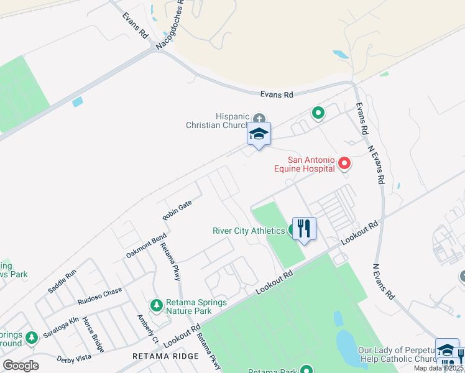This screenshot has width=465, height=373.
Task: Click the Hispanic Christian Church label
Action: point(218,121)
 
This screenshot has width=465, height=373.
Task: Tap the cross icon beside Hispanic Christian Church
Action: point(259,118)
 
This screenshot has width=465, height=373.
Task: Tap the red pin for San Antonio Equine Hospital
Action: point(344,163)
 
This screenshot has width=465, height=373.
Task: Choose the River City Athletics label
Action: point(249,231)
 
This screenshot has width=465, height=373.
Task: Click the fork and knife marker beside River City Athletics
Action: point(303,228)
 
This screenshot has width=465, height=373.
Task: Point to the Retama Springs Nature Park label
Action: point(196,307)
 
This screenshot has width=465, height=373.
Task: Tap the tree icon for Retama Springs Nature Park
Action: point(156,305)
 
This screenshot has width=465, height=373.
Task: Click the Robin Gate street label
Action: point(177,210)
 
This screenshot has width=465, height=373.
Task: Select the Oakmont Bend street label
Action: point(146,246)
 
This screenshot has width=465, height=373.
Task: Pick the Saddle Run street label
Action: point(62,281)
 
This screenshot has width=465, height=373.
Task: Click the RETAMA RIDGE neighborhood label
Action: point(165,356)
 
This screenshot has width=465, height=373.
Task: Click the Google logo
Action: point(21,365)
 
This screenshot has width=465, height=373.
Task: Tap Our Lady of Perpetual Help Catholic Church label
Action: point(395,355)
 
